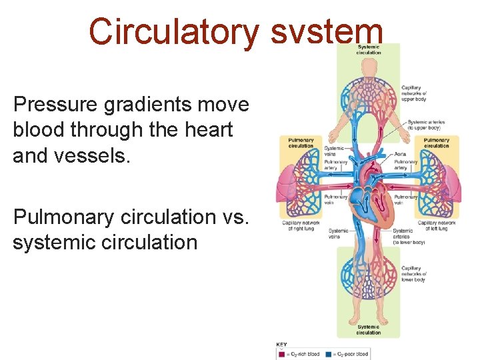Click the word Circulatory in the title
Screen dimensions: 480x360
tap(174, 31)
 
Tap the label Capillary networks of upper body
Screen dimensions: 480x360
tap(415, 93)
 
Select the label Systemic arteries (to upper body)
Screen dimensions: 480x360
tap(427, 125)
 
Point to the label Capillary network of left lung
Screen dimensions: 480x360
tap(437, 225)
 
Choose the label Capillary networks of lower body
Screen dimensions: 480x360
tap(414, 274)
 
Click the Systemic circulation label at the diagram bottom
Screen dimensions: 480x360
tap(368, 330)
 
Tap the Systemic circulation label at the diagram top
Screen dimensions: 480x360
tap(369, 49)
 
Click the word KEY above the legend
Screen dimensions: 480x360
tap(282, 344)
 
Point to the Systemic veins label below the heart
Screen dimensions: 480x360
tap(338, 233)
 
